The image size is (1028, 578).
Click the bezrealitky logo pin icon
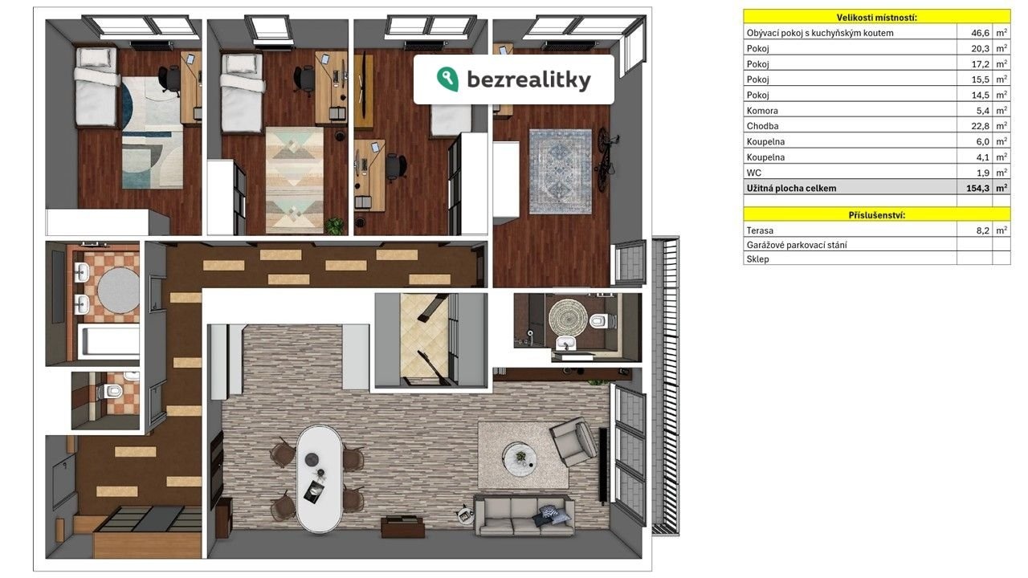[447, 79]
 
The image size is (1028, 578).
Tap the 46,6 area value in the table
[980, 33]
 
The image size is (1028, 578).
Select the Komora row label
[762, 111]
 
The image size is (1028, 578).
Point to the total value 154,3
[977, 188]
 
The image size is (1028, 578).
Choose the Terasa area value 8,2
[982, 230]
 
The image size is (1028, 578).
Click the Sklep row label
[757, 259]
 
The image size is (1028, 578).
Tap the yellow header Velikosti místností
[876, 18]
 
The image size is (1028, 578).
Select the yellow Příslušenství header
[876, 215]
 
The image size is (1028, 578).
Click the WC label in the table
[753, 173]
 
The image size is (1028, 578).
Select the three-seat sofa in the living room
[524, 515]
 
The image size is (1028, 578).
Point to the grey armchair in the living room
[574, 442]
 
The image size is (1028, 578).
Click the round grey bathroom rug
[118, 291]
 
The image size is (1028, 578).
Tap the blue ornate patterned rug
[561, 172]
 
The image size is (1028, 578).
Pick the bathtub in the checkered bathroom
[108, 342]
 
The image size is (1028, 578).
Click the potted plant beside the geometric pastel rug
[335, 226]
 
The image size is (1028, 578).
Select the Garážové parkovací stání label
[797, 245]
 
